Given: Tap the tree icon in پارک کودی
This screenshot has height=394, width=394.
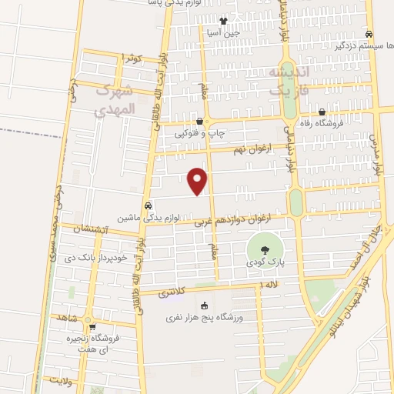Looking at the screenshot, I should pos(265,249).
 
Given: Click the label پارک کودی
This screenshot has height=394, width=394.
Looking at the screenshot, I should pos(265,262).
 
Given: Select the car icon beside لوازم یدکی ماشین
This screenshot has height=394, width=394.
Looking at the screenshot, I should pos(149,205).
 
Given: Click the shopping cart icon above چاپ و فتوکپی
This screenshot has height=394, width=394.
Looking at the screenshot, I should pos(200,121).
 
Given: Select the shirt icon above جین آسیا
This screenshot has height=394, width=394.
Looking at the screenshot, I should pos(223,22).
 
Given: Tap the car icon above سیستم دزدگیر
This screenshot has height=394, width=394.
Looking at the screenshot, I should pos(369,34).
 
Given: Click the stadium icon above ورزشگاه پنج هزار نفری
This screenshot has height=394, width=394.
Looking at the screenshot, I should pos(203,306).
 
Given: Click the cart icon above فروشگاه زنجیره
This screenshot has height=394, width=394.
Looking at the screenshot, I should pos(92,327).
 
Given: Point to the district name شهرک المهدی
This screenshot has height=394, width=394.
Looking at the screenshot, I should pos(115,101).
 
